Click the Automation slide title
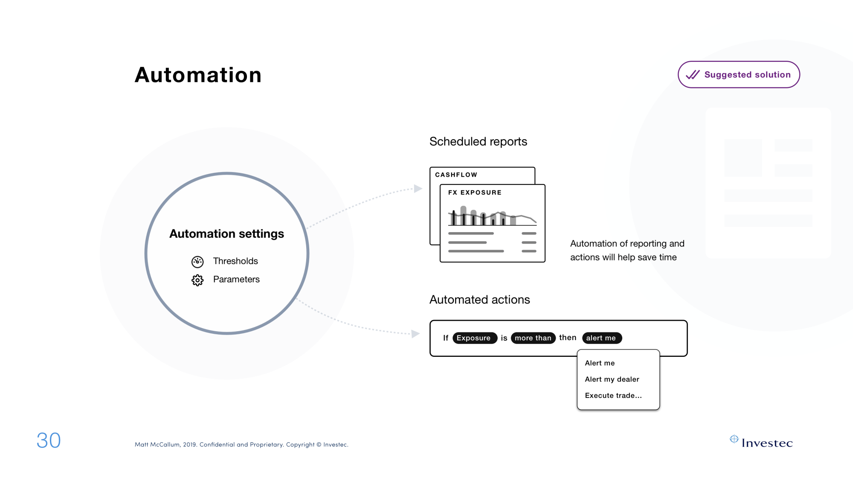(198, 75)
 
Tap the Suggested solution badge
(739, 75)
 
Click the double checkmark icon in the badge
(693, 75)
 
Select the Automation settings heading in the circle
(226, 234)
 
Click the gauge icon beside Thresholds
(197, 262)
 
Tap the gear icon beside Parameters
(197, 280)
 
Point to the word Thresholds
(235, 261)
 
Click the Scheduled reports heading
(478, 142)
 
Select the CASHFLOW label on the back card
(456, 175)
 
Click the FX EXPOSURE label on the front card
(475, 192)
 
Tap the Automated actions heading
(480, 300)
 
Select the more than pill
(533, 338)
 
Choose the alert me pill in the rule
(602, 338)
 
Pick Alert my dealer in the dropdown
(612, 379)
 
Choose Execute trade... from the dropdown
(613, 396)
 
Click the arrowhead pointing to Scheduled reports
(418, 189)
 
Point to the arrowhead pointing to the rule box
(415, 334)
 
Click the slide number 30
(49, 440)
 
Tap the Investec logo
(761, 442)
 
